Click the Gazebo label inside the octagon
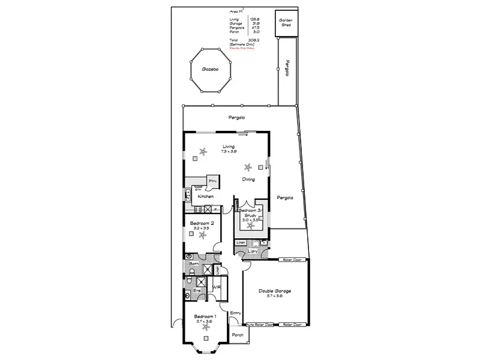(x=209, y=69)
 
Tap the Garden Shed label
(x=285, y=23)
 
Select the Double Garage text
(x=275, y=291)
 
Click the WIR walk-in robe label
(x=217, y=288)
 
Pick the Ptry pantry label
(x=212, y=181)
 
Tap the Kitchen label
(x=206, y=197)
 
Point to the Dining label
(x=248, y=179)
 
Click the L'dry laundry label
(x=254, y=251)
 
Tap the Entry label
(x=235, y=312)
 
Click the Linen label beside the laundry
(x=241, y=242)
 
